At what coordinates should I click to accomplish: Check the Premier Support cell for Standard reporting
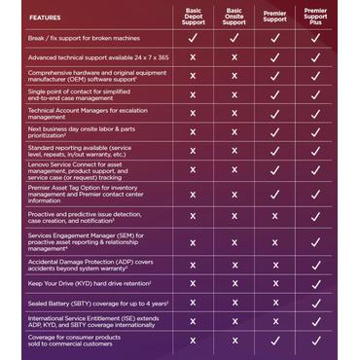(274, 150)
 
